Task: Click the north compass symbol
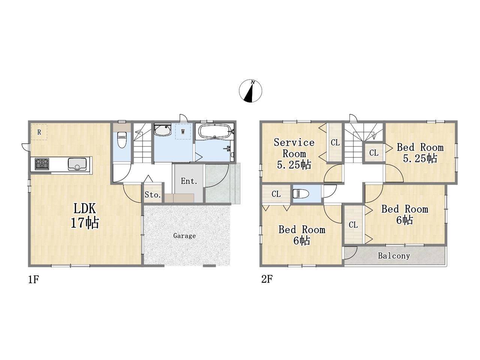(x=250, y=91)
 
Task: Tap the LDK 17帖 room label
(x=85, y=216)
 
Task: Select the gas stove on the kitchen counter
(x=42, y=164)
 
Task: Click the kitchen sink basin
(x=77, y=164)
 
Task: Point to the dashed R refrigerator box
(x=39, y=132)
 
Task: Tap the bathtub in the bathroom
(x=214, y=131)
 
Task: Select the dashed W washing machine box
(x=183, y=132)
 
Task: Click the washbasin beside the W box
(x=163, y=130)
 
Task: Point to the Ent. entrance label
(x=189, y=181)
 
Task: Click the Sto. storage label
(x=153, y=195)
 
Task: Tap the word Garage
(x=184, y=235)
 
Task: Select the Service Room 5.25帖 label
(x=294, y=154)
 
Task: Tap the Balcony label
(x=394, y=256)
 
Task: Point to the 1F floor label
(x=33, y=279)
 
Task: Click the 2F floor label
(x=267, y=279)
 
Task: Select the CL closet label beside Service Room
(x=335, y=143)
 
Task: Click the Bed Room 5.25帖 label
(x=420, y=153)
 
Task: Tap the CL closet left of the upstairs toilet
(x=276, y=194)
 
